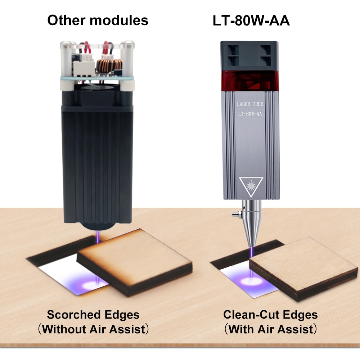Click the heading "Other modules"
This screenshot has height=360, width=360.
[98, 20]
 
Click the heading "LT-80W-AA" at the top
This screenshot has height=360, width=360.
[251, 21]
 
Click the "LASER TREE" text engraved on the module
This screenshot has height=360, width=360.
[250, 104]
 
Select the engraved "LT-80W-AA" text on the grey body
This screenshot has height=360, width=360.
[250, 114]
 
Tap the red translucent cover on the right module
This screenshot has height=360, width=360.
[250, 81]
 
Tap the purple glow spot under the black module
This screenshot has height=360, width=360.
[91, 285]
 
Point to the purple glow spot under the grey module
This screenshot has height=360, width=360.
[251, 281]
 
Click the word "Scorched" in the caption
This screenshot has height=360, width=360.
[74, 315]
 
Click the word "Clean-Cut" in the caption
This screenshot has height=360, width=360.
[251, 315]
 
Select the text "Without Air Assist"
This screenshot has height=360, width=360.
[94, 329]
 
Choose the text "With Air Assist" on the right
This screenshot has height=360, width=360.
[271, 329]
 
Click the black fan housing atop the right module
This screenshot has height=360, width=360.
[250, 56]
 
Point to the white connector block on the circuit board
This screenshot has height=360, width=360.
[84, 68]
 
